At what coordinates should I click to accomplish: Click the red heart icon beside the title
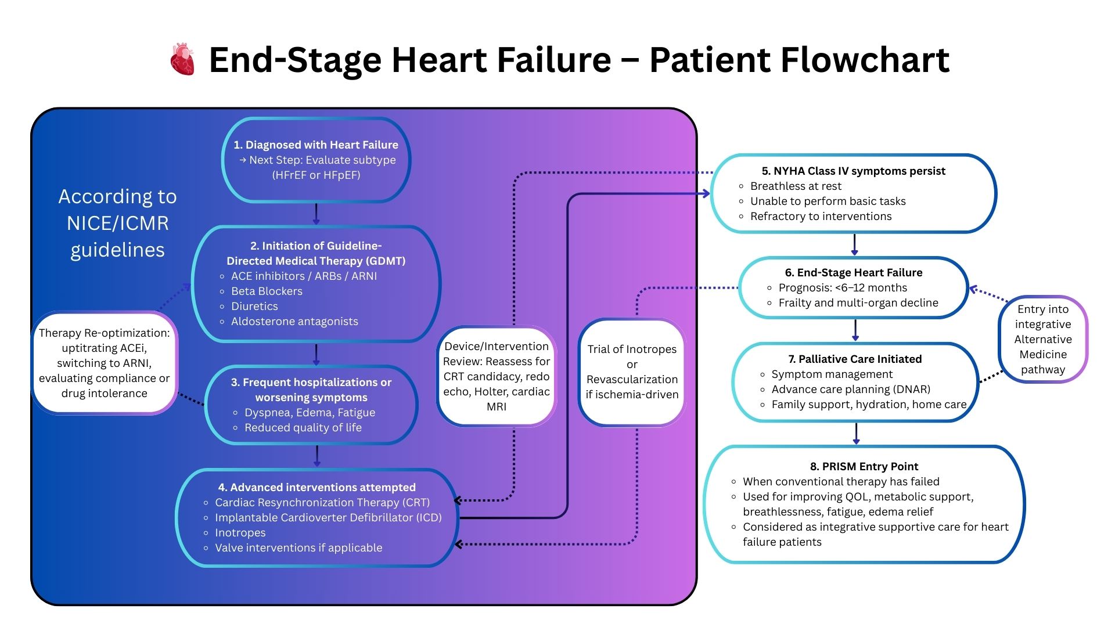tap(182, 59)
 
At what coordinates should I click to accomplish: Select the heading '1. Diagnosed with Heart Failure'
tap(316, 145)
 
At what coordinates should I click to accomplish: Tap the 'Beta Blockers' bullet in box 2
tap(267, 291)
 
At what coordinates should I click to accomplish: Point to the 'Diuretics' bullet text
tap(254, 306)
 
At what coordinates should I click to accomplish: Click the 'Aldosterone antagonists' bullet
tap(294, 321)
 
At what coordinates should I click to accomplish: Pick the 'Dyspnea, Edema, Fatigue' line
tap(310, 412)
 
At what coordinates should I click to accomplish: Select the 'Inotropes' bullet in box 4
tap(240, 532)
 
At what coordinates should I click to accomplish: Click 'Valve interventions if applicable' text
tap(298, 547)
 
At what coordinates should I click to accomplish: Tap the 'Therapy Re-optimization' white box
tap(105, 363)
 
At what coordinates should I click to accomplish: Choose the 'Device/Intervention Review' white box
tap(497, 376)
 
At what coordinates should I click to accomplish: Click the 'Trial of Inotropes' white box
tap(632, 372)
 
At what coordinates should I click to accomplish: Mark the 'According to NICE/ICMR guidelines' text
tap(118, 223)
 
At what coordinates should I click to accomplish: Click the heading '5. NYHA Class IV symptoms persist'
tap(853, 171)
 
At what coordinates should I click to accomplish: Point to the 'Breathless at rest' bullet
tap(796, 186)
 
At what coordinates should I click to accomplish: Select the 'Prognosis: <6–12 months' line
tap(843, 287)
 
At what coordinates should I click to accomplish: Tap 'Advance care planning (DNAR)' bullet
tap(851, 389)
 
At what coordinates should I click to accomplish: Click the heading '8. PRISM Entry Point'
tap(864, 466)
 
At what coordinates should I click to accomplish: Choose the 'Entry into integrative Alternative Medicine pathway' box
tap(1043, 339)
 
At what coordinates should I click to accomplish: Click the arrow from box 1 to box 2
tap(316, 214)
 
